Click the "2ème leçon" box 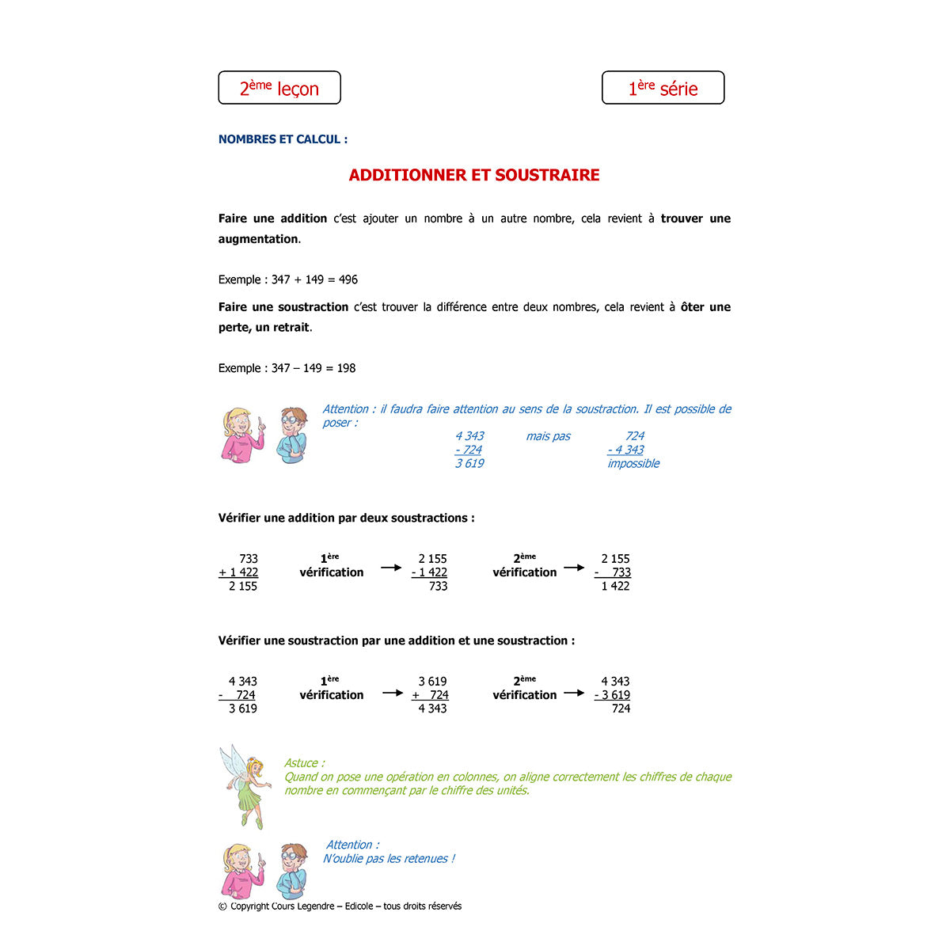(x=279, y=88)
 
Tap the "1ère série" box (x=663, y=88)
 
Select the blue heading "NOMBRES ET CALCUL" (x=283, y=139)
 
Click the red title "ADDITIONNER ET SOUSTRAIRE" (x=474, y=175)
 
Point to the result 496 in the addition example (x=348, y=279)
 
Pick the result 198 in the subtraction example (x=346, y=368)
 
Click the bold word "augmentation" (x=258, y=239)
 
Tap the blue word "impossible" (x=633, y=464)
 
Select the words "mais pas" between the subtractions (x=548, y=436)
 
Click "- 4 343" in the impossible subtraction (x=625, y=450)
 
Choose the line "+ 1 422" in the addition (x=238, y=572)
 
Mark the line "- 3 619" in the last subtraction (x=612, y=695)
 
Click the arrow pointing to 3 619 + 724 (x=393, y=693)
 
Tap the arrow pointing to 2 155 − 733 (x=574, y=568)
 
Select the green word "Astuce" (x=302, y=763)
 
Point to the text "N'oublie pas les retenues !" (x=389, y=859)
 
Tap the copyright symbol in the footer (x=222, y=906)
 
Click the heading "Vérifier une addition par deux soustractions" (x=346, y=518)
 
